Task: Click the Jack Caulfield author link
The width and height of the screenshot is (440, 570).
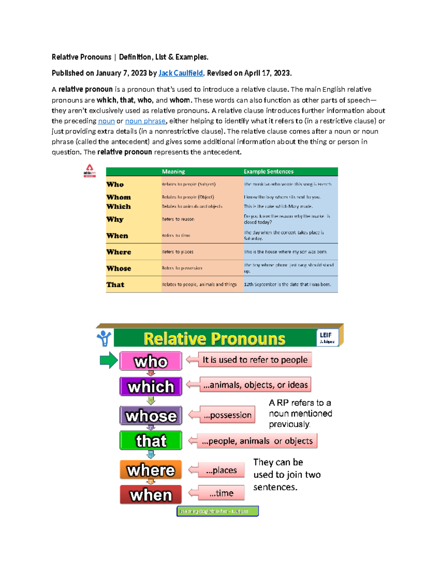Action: click(180, 73)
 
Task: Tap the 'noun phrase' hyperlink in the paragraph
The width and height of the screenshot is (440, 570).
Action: click(145, 121)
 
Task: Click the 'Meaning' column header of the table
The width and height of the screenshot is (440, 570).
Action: click(173, 171)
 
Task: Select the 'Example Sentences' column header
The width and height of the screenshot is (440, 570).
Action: click(268, 171)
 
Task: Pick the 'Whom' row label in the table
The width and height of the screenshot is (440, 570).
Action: click(118, 197)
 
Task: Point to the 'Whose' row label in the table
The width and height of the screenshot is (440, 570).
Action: click(118, 268)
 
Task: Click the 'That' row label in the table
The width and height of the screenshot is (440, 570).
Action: click(115, 284)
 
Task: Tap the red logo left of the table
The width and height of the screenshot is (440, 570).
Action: click(89, 171)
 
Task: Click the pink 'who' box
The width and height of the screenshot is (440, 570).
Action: click(151, 361)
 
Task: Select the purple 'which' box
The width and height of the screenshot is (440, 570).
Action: click(151, 386)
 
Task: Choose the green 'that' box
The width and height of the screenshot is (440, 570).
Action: click(151, 440)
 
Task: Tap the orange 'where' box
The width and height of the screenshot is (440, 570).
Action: click(151, 470)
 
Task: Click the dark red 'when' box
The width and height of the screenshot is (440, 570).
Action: click(151, 494)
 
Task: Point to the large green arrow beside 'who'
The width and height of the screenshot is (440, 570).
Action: click(109, 360)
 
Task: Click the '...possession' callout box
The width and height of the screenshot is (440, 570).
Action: click(227, 415)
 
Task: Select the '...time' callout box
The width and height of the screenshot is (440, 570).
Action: click(221, 493)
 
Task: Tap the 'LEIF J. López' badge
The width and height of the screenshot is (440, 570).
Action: click(327, 337)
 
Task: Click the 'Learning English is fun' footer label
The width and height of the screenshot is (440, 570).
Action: click(217, 511)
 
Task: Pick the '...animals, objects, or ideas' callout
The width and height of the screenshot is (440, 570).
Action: click(255, 385)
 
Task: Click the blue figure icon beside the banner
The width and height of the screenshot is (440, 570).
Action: click(104, 338)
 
